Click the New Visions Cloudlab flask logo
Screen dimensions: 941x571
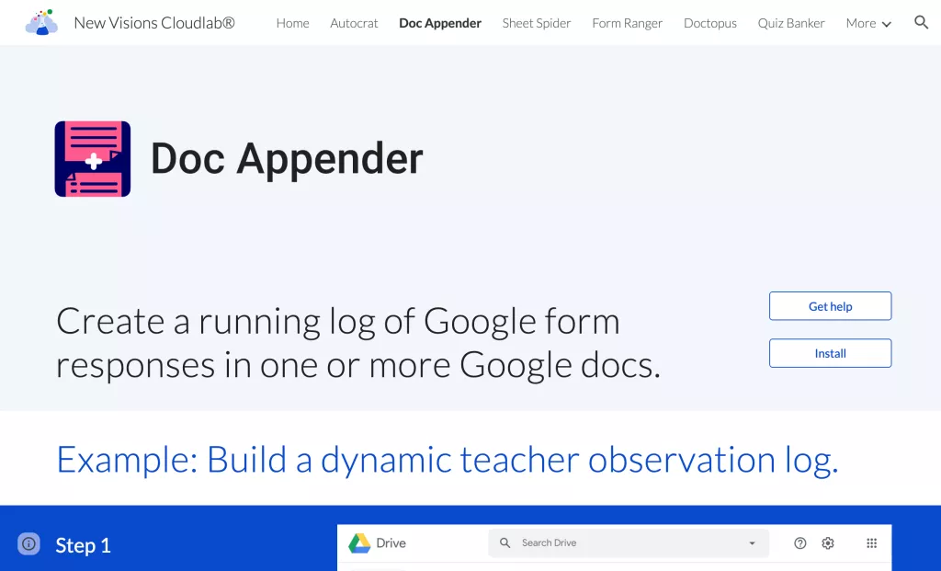tap(41, 22)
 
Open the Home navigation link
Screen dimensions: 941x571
tap(293, 23)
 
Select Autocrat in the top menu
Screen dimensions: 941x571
tap(354, 23)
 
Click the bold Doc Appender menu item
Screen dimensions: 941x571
tap(440, 23)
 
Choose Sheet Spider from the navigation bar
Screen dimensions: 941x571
tap(537, 23)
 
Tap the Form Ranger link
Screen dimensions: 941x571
tap(627, 23)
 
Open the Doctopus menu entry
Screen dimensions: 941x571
tap(710, 23)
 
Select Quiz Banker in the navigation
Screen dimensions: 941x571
tap(791, 23)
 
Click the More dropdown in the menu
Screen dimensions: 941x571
tap(868, 23)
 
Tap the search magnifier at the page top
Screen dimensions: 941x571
tap(921, 23)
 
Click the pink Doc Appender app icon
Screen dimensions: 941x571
tap(93, 159)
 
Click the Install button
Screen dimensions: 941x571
tap(831, 353)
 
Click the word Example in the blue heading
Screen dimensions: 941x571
tap(127, 461)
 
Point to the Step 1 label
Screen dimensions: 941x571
tap(84, 545)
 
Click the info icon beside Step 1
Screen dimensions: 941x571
tap(28, 544)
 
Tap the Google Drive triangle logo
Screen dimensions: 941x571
tap(359, 543)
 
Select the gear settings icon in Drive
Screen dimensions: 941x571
tap(828, 543)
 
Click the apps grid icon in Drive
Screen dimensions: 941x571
tap(872, 543)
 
